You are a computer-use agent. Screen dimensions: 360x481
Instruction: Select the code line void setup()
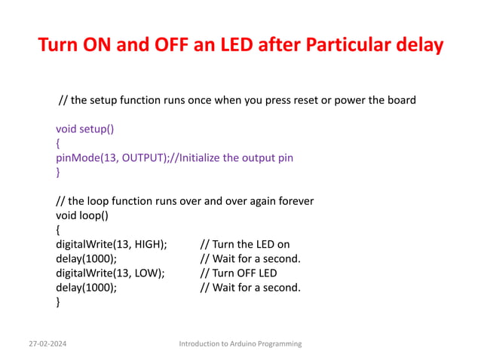pyautogui.click(x=85, y=128)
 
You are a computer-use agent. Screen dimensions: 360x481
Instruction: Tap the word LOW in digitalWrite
pyautogui.click(x=143, y=273)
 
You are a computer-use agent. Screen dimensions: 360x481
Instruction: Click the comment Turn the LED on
pyautogui.click(x=244, y=244)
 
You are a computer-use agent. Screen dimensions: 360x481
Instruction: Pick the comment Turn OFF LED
pyautogui.click(x=238, y=273)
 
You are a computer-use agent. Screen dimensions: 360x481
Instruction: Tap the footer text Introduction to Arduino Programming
pyautogui.click(x=240, y=343)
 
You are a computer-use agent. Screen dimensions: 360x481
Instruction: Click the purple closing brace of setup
pyautogui.click(x=58, y=172)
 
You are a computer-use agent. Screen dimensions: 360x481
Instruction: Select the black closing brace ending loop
pyautogui.click(x=58, y=302)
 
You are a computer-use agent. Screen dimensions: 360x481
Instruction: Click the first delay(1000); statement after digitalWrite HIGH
pyautogui.click(x=86, y=258)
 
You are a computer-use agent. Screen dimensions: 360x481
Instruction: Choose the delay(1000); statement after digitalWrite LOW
pyautogui.click(x=86, y=287)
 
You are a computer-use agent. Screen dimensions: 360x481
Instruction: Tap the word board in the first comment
pyautogui.click(x=400, y=100)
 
